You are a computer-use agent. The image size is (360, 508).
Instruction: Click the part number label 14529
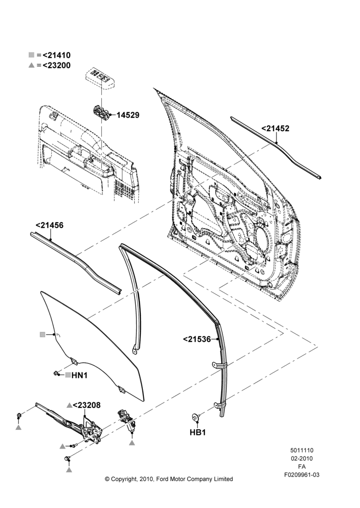128,115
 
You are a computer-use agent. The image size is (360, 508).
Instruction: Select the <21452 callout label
276,129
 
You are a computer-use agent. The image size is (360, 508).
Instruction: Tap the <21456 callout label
49,225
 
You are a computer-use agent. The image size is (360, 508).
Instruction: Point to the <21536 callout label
197,339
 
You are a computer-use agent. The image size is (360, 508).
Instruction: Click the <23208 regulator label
86,405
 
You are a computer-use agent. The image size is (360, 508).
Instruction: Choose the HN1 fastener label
79,375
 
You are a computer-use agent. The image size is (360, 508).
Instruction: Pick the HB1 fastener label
198,432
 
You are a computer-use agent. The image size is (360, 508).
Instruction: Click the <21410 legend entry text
56,55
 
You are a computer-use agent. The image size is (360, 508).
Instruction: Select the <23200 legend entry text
56,65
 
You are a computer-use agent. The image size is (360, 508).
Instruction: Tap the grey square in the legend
32,55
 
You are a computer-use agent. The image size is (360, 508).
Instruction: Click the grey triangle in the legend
32,65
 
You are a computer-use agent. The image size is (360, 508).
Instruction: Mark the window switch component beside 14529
102,112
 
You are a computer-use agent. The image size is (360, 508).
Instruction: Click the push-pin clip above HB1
196,418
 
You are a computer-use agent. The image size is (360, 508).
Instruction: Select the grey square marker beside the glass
43,335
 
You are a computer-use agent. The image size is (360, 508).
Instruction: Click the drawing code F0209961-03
302,474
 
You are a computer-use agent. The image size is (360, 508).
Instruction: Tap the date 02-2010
302,458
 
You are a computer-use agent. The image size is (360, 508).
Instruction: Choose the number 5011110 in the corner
302,450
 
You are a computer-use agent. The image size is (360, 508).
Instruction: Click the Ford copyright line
169,479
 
